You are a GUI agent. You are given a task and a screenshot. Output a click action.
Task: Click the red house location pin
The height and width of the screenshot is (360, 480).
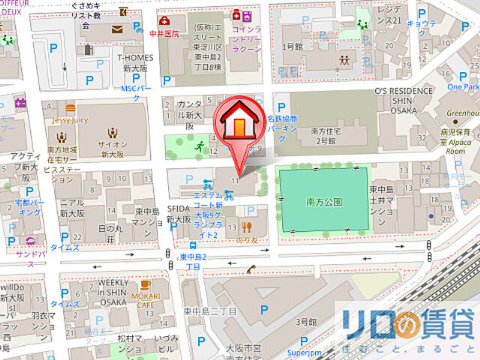239,124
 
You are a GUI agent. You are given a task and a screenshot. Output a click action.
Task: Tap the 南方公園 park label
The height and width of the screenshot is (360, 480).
324,202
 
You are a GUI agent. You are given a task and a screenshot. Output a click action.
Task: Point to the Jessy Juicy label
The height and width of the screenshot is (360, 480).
70,119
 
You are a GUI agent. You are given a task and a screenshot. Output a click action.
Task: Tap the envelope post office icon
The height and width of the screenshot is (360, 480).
117,29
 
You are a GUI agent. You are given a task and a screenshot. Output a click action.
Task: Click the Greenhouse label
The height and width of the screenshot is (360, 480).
460,115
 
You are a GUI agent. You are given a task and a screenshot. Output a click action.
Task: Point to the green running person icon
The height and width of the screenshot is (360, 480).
198,147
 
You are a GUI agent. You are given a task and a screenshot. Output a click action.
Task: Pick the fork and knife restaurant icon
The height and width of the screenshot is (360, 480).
244,226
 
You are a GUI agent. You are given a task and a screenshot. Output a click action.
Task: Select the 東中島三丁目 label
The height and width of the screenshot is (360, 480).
210,311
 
